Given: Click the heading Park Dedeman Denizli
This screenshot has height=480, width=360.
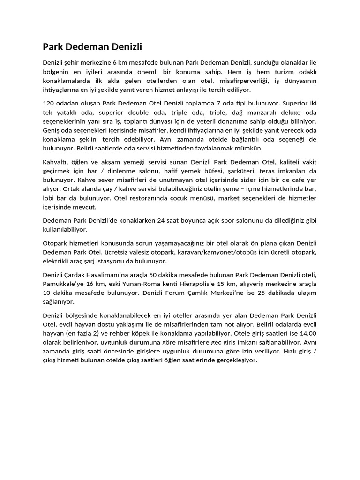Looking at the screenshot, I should (x=92, y=46).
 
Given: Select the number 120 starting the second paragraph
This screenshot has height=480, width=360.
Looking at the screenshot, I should (x=49, y=103).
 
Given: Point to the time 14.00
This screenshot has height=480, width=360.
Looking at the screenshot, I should (x=307, y=333).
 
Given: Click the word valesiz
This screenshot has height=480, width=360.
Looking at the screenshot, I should (x=140, y=252).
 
